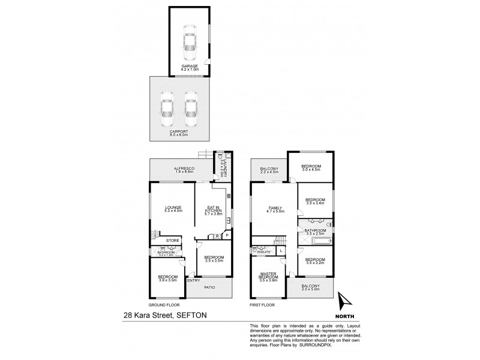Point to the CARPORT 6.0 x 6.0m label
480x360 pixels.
coord(179,133)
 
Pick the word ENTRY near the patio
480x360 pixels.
coord(193,280)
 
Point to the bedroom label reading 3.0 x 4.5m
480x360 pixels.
coord(310,168)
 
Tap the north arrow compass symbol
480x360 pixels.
coord(341,301)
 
